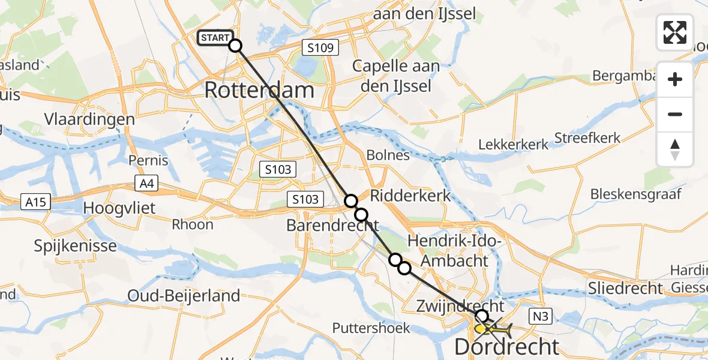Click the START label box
coord(214,38)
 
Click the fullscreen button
coord(675,32)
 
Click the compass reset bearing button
coord(675,149)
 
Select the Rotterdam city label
coord(259,90)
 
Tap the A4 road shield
coord(146,184)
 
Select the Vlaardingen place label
coord(89,119)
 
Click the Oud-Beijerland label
coord(184,295)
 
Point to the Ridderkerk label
coord(410,196)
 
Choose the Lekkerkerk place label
coord(513,145)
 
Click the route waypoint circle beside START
coord(235,46)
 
